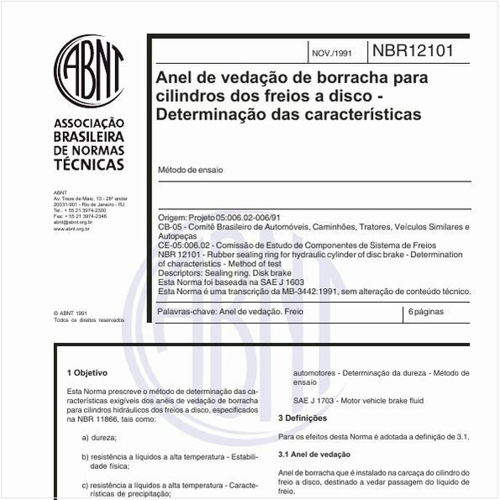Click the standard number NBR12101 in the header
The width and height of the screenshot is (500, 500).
coord(413,51)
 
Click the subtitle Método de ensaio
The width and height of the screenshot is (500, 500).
coord(191,170)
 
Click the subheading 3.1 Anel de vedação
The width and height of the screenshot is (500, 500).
coord(314,455)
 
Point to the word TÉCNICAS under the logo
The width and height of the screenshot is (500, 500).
coord(88,165)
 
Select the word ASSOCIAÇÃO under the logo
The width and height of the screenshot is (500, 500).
coord(88,124)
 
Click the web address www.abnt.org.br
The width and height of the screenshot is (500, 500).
coord(73,228)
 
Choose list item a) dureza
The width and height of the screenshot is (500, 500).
coord(99,438)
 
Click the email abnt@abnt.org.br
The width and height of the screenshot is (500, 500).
coord(73,222)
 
